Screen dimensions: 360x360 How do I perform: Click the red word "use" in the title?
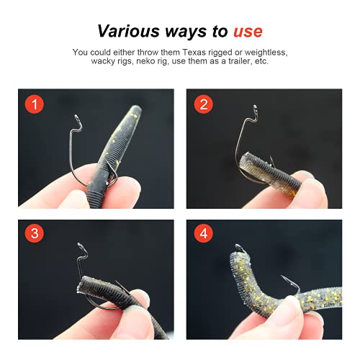click(247, 31)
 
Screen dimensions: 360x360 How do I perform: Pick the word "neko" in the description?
click(168, 63)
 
